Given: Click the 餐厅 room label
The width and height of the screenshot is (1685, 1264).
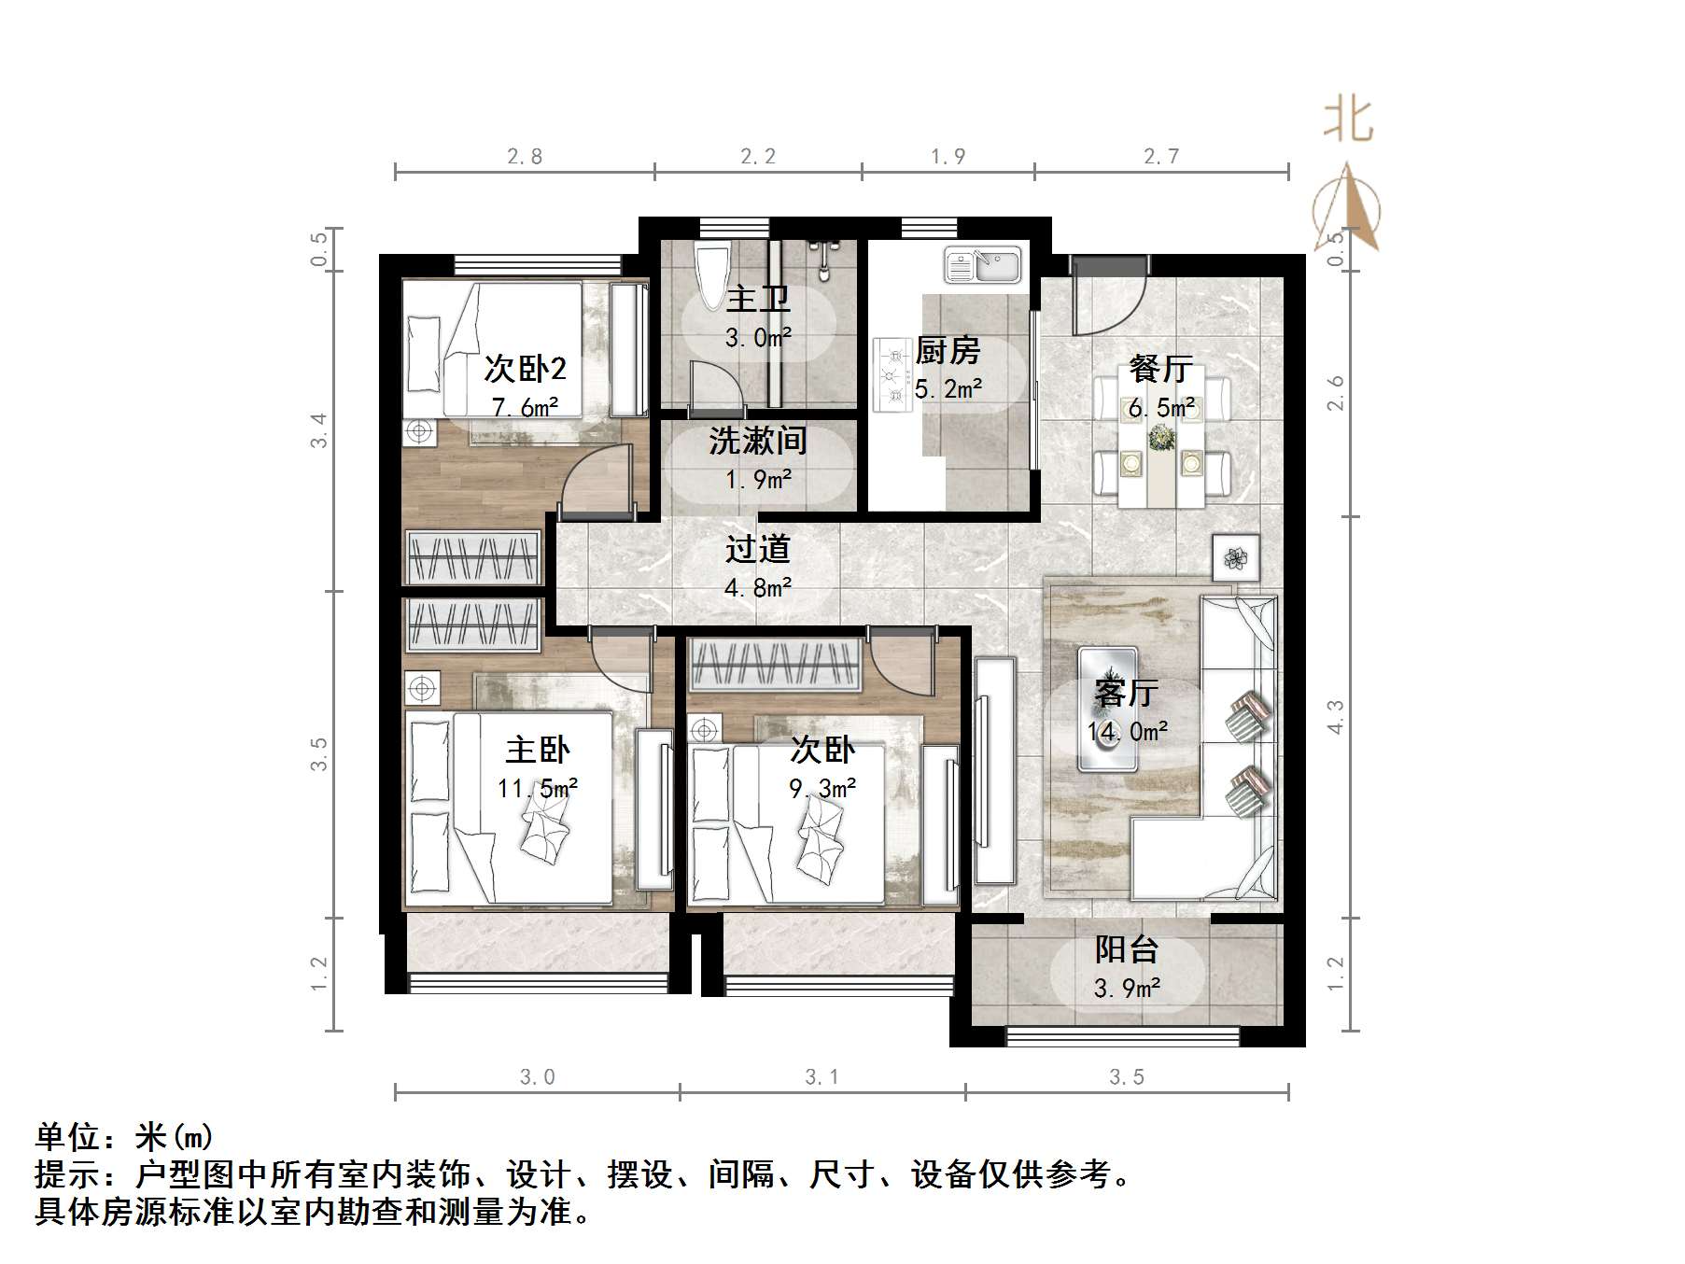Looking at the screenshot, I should (x=1160, y=369).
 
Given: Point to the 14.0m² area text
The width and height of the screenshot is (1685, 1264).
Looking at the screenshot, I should (x=1127, y=732).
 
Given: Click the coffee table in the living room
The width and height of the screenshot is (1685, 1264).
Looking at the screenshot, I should (x=1108, y=709).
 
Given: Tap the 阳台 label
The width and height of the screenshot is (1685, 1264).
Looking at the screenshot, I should (x=1127, y=950).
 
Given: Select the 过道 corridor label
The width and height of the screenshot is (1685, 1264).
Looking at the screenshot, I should (x=757, y=550).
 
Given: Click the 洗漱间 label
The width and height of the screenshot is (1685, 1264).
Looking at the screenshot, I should (x=757, y=441).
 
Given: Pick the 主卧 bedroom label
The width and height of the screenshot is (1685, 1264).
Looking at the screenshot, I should (x=538, y=750).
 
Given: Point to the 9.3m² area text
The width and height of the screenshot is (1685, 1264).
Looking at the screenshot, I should (x=822, y=789).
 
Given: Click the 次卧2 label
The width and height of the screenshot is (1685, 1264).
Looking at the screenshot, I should (x=525, y=370).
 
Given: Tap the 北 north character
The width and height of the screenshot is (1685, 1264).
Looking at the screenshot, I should (x=1348, y=121).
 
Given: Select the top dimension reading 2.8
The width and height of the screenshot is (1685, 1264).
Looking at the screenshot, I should (x=525, y=157).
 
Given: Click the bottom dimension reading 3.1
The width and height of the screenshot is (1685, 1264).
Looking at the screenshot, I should (x=821, y=1077).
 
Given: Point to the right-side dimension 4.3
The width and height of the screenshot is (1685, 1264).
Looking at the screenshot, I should (x=1336, y=717).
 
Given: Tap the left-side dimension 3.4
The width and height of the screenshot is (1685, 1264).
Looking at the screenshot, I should (x=319, y=430).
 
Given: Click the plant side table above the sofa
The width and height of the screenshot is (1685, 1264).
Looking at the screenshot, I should (x=1236, y=559).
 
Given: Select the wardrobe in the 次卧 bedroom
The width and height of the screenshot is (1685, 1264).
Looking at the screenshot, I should (x=774, y=665).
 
